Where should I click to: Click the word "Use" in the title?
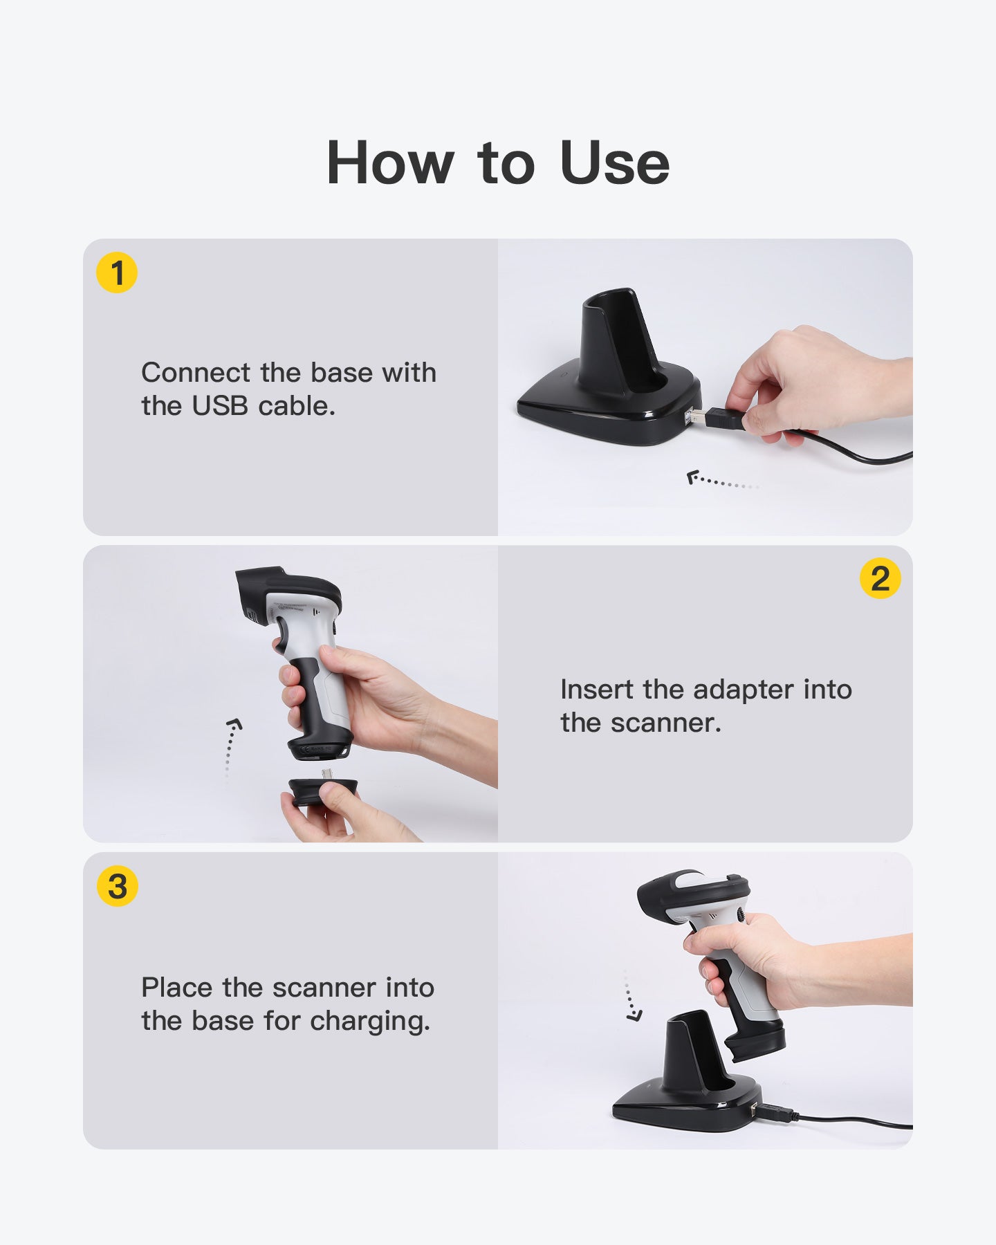coord(614,164)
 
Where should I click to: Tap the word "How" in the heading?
coord(389,164)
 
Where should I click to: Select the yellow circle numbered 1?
coord(117,273)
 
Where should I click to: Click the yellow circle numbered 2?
coord(880,578)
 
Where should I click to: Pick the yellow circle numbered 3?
coord(118,886)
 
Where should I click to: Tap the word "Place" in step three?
coord(177,988)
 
